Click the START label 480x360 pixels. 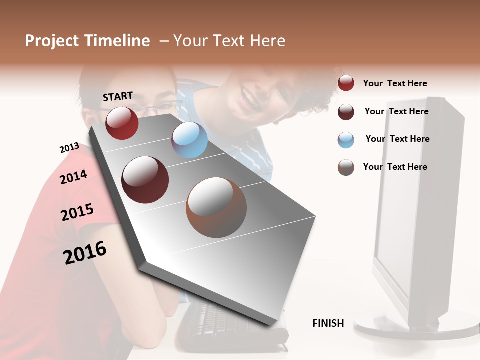coord(118,96)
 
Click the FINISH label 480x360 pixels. coord(328,323)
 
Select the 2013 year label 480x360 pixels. coord(69,148)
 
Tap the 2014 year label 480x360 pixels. coord(73,177)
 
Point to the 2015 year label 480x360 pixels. coord(77,212)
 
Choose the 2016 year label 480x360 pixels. coord(85,252)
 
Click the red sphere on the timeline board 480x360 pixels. coord(122,123)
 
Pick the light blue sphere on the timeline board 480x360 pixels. coord(189,140)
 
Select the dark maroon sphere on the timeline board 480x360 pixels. coord(145,180)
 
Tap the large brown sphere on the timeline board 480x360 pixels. coord(216,207)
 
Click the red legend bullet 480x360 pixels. coord(346,83)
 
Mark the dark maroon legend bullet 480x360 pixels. coord(346,112)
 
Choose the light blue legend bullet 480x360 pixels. coord(346,140)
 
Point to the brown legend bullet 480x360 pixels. coord(346,167)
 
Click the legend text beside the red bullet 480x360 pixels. coord(395,83)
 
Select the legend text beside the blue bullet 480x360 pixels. coord(397,139)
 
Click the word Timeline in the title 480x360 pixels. coord(116,41)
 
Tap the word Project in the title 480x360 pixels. coord(52,41)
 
